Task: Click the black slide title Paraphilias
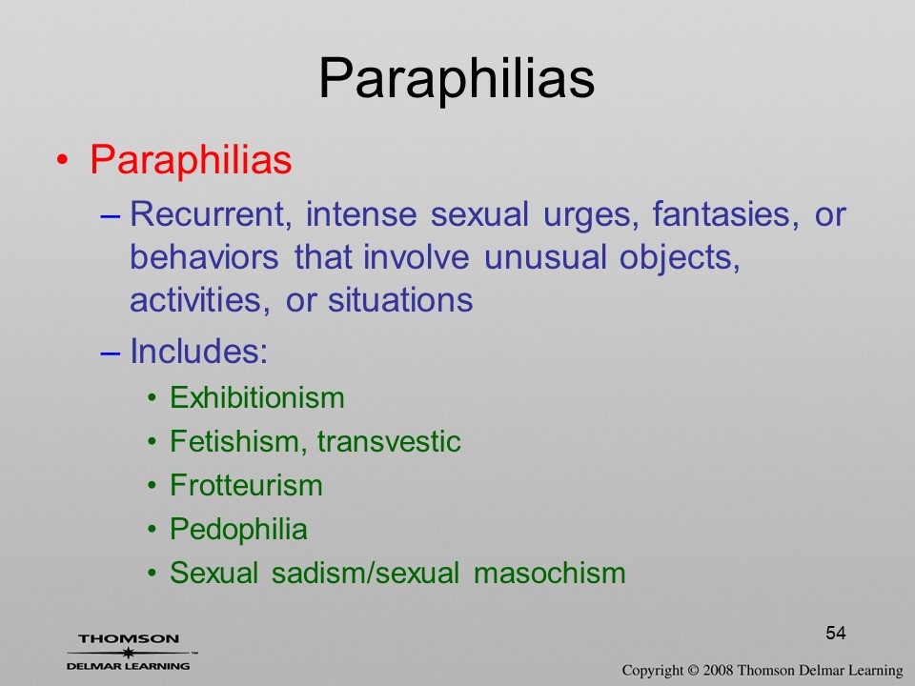(x=457, y=79)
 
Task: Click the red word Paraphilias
(x=191, y=159)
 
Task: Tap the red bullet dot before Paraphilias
(x=63, y=160)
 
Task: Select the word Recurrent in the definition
(x=211, y=214)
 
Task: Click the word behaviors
(x=204, y=256)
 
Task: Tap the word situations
(x=400, y=300)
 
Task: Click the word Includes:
(x=198, y=352)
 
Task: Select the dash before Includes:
(x=111, y=353)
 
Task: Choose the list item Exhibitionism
(x=256, y=398)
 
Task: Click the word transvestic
(x=389, y=441)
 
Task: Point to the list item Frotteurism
(x=246, y=485)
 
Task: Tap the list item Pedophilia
(x=238, y=530)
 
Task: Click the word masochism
(x=550, y=573)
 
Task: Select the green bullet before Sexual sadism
(x=152, y=573)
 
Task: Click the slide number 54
(x=836, y=633)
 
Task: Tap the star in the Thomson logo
(x=128, y=653)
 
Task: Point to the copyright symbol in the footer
(x=693, y=671)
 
